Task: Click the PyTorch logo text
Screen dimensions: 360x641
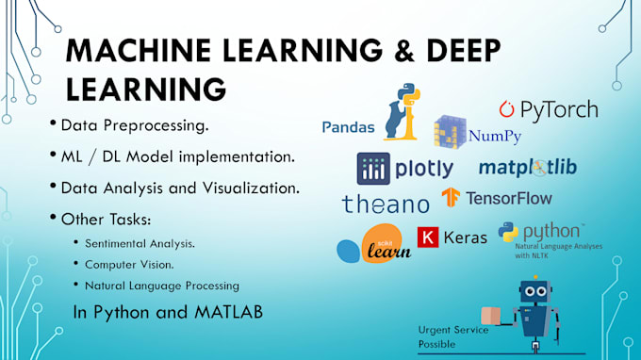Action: [x=549, y=109]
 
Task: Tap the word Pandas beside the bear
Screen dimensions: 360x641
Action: [x=348, y=126]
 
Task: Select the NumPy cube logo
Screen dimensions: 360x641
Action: [x=450, y=134]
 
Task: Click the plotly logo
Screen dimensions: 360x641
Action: [x=405, y=168]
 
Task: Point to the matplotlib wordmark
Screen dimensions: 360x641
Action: [x=528, y=168]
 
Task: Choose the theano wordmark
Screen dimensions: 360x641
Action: [x=386, y=204]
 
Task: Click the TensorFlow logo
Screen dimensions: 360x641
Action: [x=497, y=198]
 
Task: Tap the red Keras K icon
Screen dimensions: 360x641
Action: [x=428, y=237]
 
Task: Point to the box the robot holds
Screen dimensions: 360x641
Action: [x=491, y=316]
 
